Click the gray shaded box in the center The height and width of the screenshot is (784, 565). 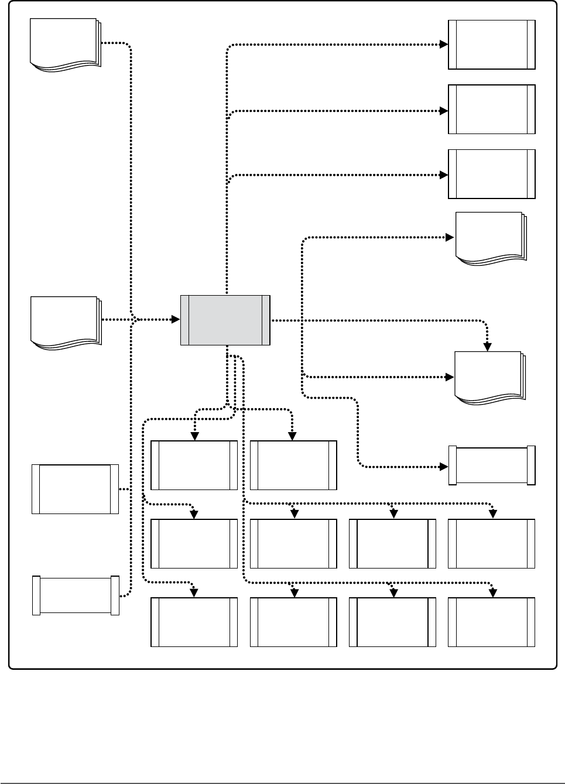tap(225, 320)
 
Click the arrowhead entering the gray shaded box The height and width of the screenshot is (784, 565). tap(175, 320)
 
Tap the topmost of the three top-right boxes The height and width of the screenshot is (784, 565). tap(492, 44)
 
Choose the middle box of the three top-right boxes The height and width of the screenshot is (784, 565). tap(492, 109)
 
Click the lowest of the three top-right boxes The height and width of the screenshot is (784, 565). tap(492, 174)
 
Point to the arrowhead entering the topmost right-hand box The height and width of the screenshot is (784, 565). tap(444, 44)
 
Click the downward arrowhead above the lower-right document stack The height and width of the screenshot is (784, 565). tap(487, 347)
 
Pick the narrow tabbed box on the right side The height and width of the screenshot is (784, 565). tap(492, 465)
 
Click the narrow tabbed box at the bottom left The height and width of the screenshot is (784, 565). tap(76, 595)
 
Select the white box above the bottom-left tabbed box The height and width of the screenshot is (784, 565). tap(75, 489)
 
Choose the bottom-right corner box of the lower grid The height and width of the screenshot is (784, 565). tap(492, 622)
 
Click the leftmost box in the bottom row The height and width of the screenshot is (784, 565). tap(194, 622)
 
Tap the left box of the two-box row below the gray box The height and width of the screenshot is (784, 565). tap(194, 465)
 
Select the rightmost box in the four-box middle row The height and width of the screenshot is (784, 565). tap(492, 543)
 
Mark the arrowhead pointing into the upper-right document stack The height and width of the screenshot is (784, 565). tap(450, 237)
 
